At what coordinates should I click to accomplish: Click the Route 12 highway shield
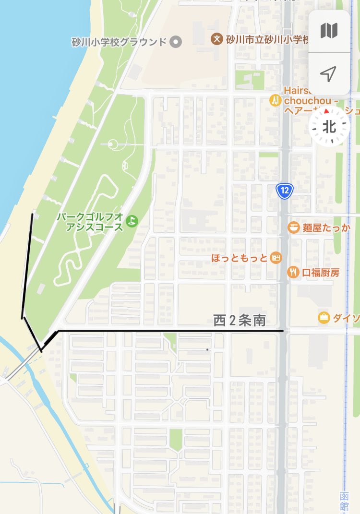(x=285, y=191)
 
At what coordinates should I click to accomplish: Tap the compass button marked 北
(x=329, y=127)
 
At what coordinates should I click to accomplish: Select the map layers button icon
(x=329, y=31)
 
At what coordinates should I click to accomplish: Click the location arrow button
(x=329, y=74)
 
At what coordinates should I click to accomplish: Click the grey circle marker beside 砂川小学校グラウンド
(x=177, y=42)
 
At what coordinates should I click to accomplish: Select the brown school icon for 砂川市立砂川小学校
(x=217, y=38)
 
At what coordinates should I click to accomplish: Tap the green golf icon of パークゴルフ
(x=131, y=221)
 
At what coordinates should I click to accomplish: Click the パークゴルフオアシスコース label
(x=90, y=222)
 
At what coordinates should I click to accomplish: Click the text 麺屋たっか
(x=326, y=227)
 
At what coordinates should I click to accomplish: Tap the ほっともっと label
(x=239, y=258)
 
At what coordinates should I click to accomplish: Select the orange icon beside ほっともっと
(x=276, y=258)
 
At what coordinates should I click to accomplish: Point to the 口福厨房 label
(x=321, y=272)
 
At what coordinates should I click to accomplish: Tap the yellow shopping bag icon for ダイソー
(x=324, y=317)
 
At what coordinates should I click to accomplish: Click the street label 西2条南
(x=240, y=321)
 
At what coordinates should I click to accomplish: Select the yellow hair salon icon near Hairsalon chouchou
(x=275, y=100)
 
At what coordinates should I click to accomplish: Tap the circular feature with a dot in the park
(x=112, y=143)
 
